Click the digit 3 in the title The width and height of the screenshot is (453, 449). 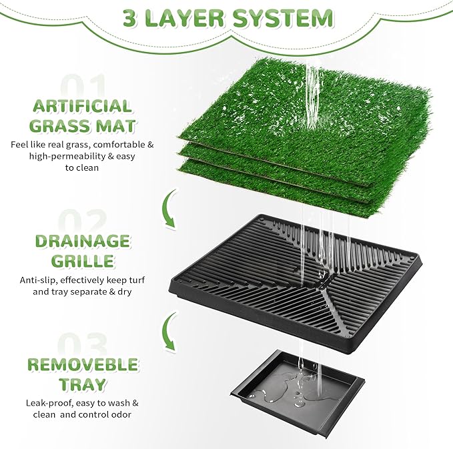(x=133, y=17)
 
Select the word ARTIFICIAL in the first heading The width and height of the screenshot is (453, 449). (x=81, y=106)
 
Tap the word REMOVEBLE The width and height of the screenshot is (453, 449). (x=82, y=365)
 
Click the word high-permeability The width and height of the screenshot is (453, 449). (x=66, y=155)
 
